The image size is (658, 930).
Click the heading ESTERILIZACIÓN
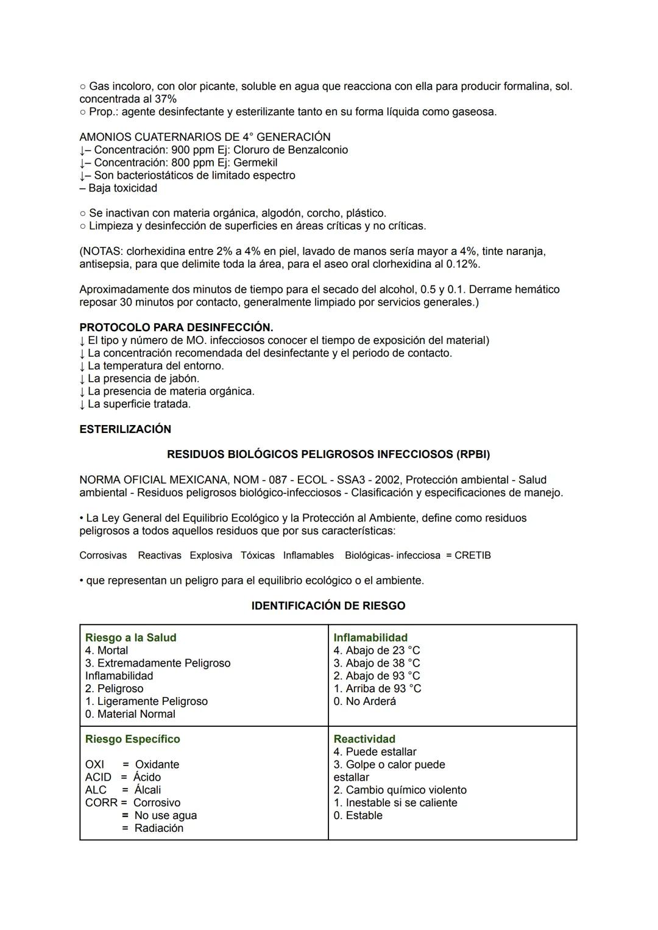(125, 429)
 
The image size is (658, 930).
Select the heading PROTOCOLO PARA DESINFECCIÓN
(176, 327)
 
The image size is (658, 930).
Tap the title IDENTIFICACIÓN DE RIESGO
(328, 606)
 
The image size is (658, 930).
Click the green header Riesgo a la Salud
(130, 638)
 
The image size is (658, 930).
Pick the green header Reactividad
(364, 739)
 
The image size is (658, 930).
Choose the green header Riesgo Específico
(132, 739)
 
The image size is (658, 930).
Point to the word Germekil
(255, 163)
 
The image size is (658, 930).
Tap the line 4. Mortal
(107, 651)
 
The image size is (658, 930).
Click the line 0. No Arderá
(364, 701)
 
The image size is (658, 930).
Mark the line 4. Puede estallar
(375, 752)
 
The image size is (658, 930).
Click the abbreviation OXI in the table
(94, 765)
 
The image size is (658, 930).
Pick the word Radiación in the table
(158, 828)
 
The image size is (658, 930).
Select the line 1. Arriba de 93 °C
(377, 689)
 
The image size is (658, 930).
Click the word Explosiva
(211, 556)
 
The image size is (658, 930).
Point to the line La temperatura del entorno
(155, 366)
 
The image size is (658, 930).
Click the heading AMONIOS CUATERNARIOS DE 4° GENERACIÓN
(205, 137)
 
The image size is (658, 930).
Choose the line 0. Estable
(358, 815)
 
